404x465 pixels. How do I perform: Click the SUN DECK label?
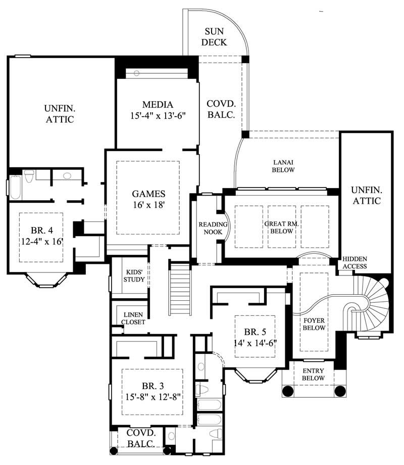coord(214,37)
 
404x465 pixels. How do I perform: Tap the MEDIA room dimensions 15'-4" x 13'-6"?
coord(157,116)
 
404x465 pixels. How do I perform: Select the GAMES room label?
coord(148,194)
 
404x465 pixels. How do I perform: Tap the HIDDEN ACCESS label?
coord(355,262)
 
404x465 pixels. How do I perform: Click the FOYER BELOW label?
coord(314,323)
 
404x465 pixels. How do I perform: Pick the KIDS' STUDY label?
coord(134,277)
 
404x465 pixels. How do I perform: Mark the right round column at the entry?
coord(340,391)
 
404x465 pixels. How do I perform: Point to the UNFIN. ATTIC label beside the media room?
coord(59,114)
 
